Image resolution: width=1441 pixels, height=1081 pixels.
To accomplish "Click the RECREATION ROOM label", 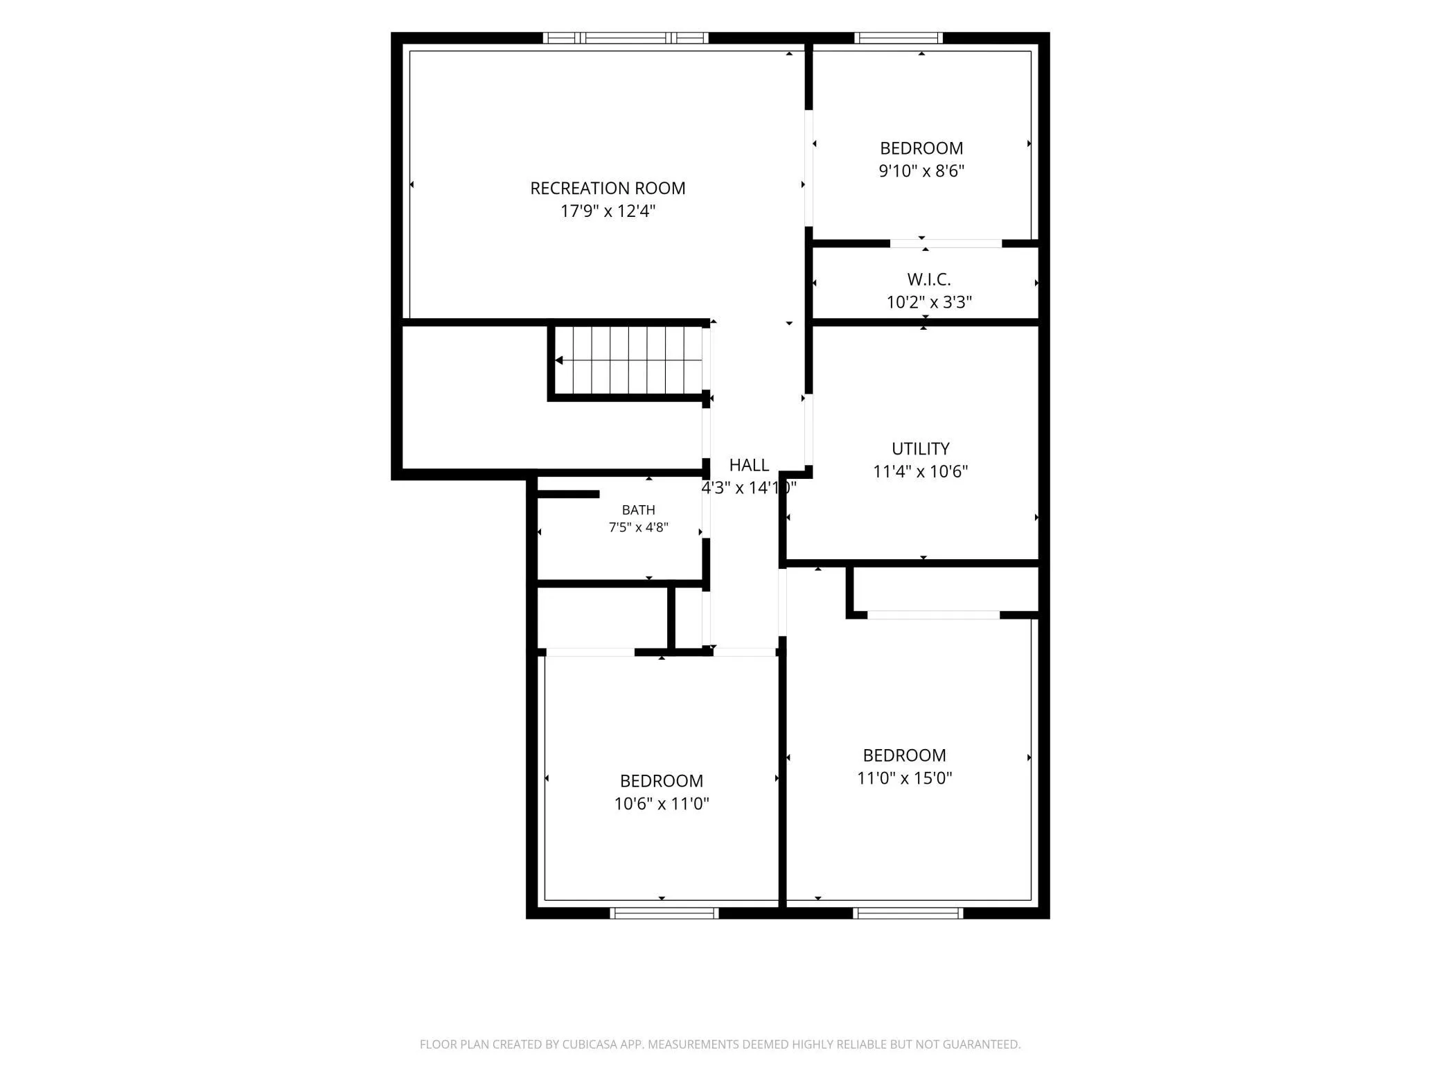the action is pos(608,188).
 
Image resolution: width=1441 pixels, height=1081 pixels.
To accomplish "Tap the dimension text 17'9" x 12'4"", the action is pos(608,211).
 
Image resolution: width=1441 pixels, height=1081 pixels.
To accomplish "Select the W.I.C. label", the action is pos(929,279).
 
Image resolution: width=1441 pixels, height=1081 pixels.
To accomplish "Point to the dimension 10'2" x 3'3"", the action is pos(929,302).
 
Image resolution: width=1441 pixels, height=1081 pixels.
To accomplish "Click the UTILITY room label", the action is pos(920,449).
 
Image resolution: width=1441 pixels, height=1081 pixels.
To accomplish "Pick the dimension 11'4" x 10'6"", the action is pos(920,471).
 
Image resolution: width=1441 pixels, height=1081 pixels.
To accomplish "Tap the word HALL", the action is pos(749,465).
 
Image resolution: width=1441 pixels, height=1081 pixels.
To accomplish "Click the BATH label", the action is pos(638,510).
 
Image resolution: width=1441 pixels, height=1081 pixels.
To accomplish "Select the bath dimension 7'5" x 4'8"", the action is pos(638,527).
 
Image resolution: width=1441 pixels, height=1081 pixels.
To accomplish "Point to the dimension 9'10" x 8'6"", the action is pos(921,170).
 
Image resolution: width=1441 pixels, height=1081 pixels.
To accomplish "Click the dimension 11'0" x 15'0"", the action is pos(904,778).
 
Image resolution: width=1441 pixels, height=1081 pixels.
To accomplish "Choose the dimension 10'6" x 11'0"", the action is pos(662,804).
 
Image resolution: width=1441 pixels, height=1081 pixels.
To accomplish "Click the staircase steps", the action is pos(628,360).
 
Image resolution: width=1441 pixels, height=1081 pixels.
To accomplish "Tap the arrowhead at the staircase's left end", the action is pos(558,360).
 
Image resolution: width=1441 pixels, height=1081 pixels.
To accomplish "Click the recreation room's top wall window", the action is pos(625,38).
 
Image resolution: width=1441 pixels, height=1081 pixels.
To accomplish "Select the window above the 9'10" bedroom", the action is pos(899,38).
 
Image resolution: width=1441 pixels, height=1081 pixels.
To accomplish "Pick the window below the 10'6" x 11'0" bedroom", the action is pos(664,913).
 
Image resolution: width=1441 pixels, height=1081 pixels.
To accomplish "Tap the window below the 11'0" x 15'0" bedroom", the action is pos(908,913).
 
